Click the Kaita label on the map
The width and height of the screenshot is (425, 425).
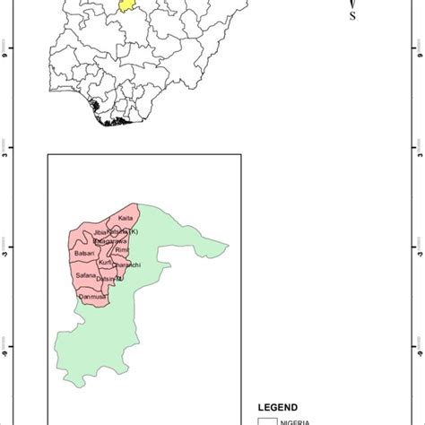point(125,218)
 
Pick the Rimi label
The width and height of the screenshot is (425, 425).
point(124,251)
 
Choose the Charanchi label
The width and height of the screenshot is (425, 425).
point(126,266)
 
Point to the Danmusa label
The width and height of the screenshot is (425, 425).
point(92,296)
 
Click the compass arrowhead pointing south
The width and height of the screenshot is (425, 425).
point(352,5)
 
